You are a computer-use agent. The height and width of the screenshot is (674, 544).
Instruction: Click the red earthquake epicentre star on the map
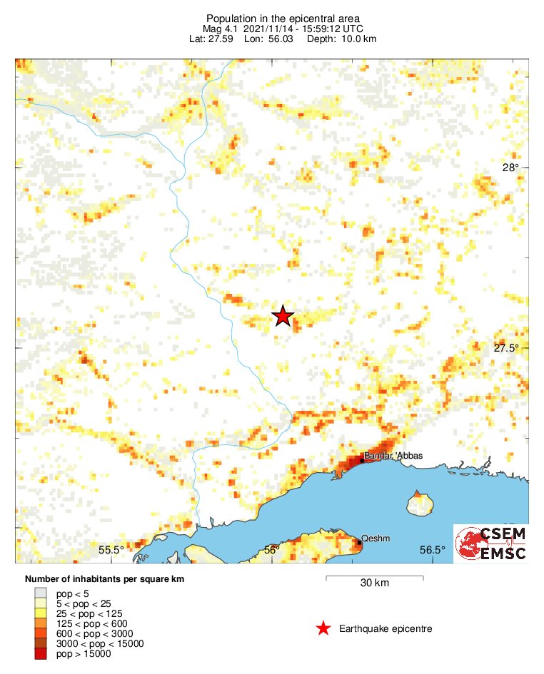click(283, 316)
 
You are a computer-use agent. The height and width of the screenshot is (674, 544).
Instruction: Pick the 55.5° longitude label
click(111, 549)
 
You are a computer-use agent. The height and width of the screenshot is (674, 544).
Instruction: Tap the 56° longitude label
click(271, 549)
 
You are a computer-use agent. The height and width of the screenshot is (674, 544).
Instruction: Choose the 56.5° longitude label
click(432, 549)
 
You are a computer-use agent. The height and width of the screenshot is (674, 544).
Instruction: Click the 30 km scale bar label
click(374, 583)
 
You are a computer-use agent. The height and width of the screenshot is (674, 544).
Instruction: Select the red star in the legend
click(323, 628)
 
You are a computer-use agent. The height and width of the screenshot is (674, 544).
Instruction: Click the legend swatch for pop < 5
click(41, 592)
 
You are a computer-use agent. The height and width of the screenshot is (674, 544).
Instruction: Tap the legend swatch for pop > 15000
click(41, 653)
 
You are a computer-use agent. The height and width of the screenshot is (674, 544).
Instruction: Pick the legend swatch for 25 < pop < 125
click(41, 613)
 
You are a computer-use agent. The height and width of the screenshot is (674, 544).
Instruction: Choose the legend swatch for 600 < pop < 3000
click(41, 633)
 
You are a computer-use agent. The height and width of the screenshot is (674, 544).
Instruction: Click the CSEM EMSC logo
click(491, 543)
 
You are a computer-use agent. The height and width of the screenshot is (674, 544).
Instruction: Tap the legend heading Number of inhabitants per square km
click(105, 578)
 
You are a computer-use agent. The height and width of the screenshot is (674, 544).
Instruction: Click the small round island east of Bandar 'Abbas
click(421, 506)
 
